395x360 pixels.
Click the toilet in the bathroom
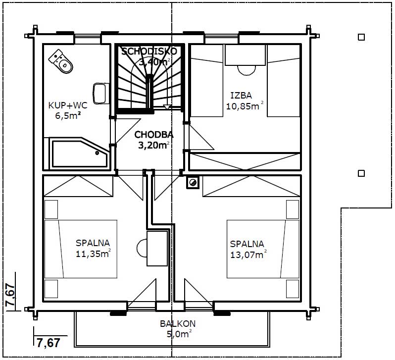tap(61, 61)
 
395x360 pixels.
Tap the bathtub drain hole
tap(97, 153)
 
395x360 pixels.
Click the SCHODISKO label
tap(149, 51)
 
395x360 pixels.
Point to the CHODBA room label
tap(154, 135)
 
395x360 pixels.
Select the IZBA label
tap(241, 96)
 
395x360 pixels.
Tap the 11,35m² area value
tap(93, 254)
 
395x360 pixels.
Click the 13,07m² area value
tap(248, 255)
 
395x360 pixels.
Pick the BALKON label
tap(178, 324)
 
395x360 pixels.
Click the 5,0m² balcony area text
tap(179, 334)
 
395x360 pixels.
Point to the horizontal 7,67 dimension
tap(49, 343)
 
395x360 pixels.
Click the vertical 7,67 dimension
tap(10, 295)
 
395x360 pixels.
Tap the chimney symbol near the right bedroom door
tap(193, 182)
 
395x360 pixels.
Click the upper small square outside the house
tap(361, 37)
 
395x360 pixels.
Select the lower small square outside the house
tap(361, 173)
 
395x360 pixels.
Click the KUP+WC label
tap(68, 105)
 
